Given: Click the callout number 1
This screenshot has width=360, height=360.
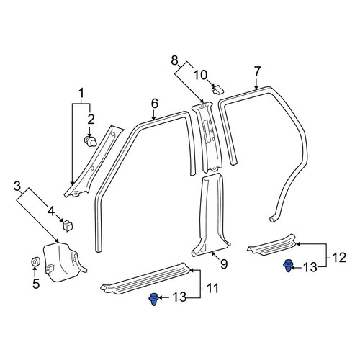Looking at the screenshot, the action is (x=81, y=94).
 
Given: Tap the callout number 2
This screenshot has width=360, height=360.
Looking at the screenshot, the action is (x=91, y=120).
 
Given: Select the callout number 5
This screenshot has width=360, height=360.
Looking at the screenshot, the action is (x=36, y=284).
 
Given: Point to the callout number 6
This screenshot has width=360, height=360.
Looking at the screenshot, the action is (x=155, y=104).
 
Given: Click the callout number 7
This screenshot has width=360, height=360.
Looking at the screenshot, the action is (x=257, y=71).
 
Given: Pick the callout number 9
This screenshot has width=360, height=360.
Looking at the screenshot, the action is (x=224, y=264).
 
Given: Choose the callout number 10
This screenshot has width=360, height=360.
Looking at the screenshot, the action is (x=201, y=75).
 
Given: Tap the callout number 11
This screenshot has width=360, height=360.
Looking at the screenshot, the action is (x=213, y=288).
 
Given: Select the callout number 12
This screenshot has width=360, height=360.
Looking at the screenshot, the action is (x=339, y=258).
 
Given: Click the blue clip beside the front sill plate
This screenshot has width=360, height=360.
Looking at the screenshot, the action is (x=153, y=299).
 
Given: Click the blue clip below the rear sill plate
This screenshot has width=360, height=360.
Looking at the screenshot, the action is (x=288, y=266).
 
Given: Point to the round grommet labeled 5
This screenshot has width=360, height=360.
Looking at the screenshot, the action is (x=36, y=261).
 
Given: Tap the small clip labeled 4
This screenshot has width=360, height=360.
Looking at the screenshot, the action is (x=67, y=225).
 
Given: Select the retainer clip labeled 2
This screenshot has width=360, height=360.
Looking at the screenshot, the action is (x=90, y=141).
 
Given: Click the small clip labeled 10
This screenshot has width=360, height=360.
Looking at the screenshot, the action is (x=217, y=89).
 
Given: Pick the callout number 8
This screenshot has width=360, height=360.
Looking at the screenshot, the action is (x=175, y=60).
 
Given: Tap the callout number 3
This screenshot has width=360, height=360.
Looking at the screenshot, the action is (x=17, y=186).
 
